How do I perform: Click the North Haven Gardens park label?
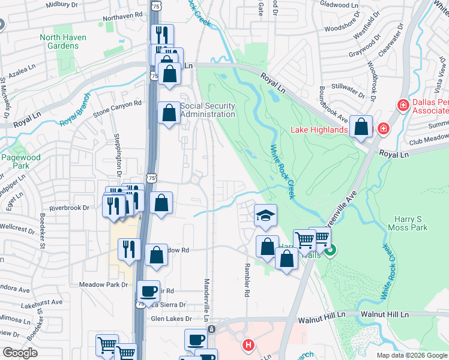[x=63, y=41]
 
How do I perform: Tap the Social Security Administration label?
[x=208, y=110]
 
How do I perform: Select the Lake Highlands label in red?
[x=319, y=130]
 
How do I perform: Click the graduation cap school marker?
[x=264, y=215]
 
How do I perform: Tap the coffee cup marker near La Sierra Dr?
[x=148, y=292]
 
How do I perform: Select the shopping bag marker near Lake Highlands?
[x=361, y=127]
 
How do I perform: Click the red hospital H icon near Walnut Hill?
[x=248, y=345]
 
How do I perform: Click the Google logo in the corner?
[x=19, y=352]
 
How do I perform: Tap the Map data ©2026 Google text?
[x=411, y=355]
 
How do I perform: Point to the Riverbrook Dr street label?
[x=69, y=208]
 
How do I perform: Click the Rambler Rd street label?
[x=246, y=280]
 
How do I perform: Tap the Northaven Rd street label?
[x=122, y=14]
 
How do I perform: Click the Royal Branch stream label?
[x=75, y=109]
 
